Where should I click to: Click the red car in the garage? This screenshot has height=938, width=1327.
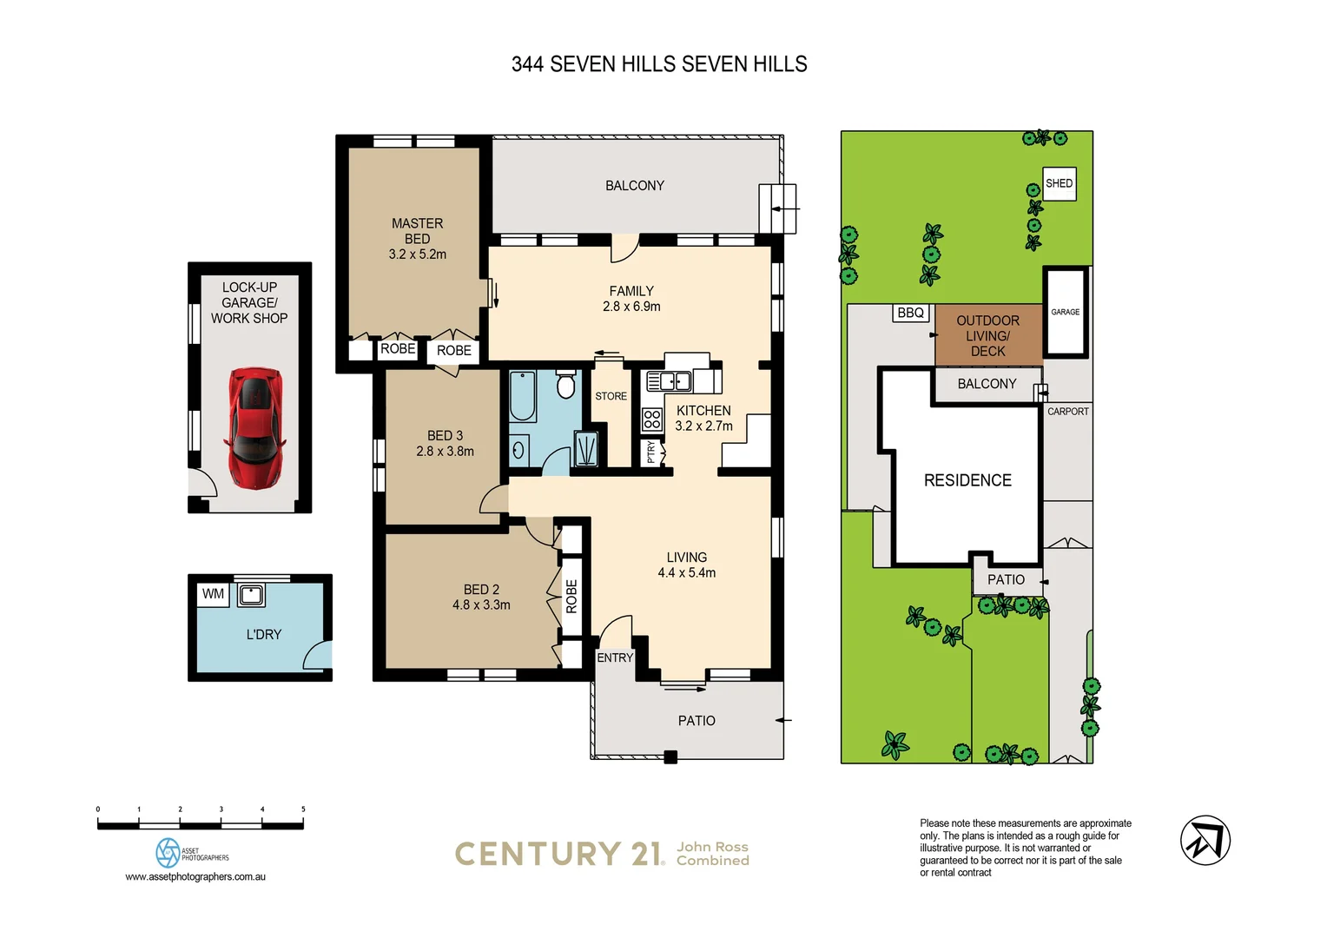(x=254, y=427)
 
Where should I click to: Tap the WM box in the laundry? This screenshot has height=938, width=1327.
(x=213, y=594)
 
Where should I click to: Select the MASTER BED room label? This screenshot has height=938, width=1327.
(x=417, y=231)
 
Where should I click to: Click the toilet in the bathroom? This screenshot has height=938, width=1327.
(x=565, y=384)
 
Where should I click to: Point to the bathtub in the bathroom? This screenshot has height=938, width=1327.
(x=522, y=396)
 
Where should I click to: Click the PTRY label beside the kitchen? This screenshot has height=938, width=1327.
(x=650, y=452)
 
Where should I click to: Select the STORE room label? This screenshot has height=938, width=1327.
(x=611, y=396)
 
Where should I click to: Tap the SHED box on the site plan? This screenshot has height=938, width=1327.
(x=1059, y=183)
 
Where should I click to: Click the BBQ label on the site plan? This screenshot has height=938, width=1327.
(x=910, y=313)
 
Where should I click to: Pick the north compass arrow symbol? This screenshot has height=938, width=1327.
(x=1205, y=840)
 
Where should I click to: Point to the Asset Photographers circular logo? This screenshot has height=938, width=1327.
(x=168, y=852)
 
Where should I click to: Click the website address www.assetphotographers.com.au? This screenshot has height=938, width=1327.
(x=195, y=876)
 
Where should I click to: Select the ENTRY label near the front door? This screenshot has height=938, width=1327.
(x=615, y=657)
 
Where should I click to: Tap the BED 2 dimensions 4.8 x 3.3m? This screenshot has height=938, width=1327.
(x=481, y=604)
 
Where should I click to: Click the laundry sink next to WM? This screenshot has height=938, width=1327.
(x=251, y=595)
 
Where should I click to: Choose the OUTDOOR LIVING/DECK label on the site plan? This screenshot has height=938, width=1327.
(x=987, y=335)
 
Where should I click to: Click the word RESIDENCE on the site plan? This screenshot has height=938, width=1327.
(x=967, y=480)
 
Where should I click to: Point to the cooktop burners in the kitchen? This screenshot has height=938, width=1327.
(x=652, y=420)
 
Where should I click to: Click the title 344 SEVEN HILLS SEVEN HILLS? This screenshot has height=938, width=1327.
(x=659, y=64)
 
